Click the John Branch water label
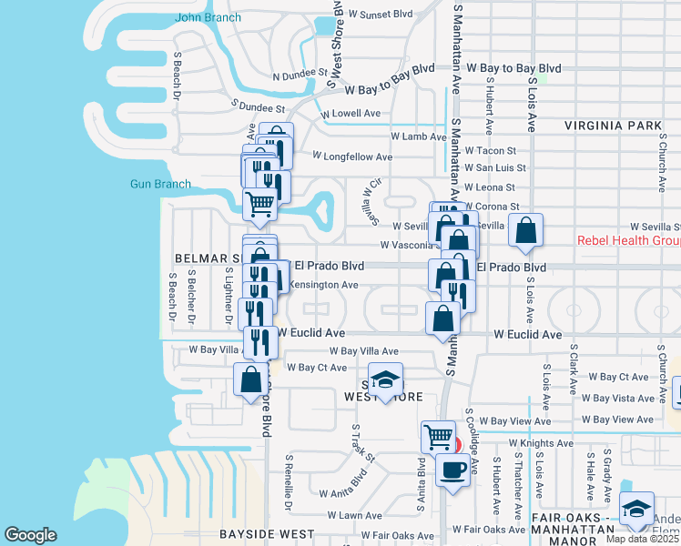tap(208, 16)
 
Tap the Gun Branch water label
tap(160, 184)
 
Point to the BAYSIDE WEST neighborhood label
tap(267, 534)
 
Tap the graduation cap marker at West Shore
tap(386, 379)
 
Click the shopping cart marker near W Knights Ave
tap(439, 436)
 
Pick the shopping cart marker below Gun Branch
tap(260, 204)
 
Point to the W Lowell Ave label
tap(351, 114)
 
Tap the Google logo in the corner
tap(30, 535)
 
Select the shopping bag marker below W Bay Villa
tap(251, 379)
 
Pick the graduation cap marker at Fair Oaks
tap(635, 509)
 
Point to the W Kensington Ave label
tap(323, 285)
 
